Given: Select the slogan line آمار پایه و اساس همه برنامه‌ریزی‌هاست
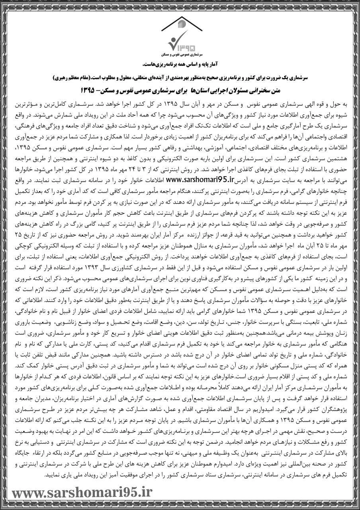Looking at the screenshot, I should click(x=180, y=64).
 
